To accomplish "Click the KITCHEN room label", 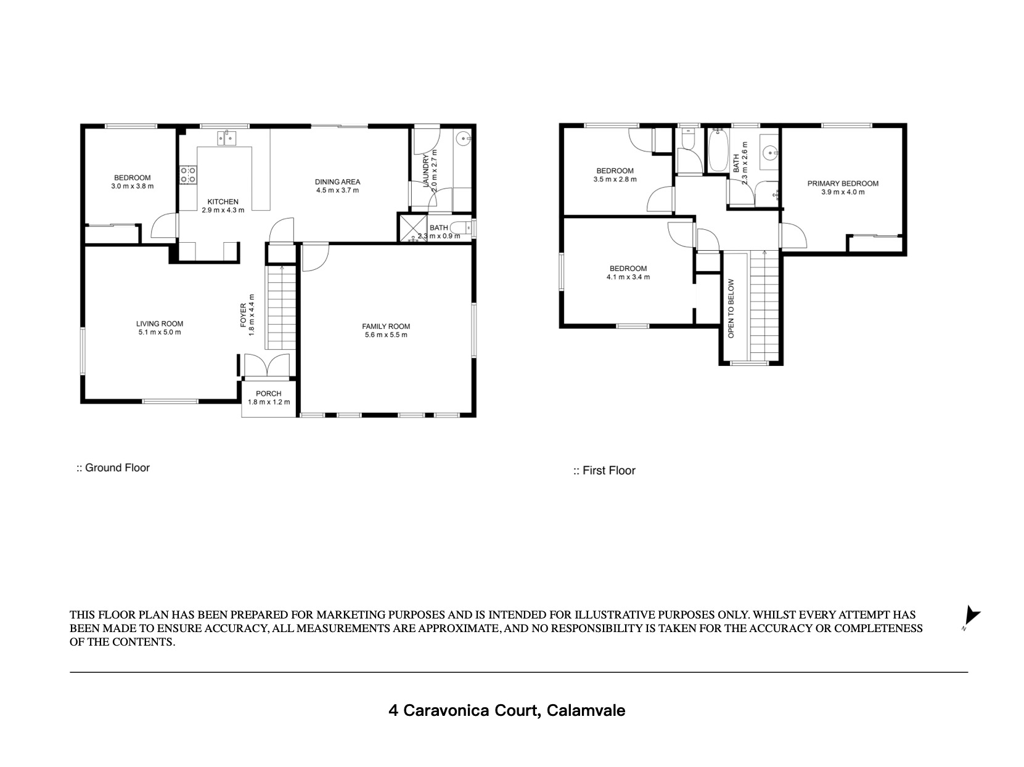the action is coord(223,202).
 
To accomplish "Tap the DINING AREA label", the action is coord(337,182).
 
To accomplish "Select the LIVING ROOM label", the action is coord(160,323).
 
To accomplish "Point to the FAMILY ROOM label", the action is coord(386,326).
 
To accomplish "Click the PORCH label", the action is coord(269,394).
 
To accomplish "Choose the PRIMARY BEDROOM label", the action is coord(843,184).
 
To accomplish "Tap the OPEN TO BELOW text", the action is coord(731,309).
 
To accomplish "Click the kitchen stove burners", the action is coord(188,175).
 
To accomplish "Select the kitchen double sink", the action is coord(227,139).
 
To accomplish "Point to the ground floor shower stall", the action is coord(413,229).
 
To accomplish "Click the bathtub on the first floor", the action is coord(718,150).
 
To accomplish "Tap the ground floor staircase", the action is coord(281,307).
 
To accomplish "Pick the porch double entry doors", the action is coord(268,365).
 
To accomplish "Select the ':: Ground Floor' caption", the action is coord(113,468).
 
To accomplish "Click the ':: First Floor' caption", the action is coord(604,471).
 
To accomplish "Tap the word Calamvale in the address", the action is coord(586,710).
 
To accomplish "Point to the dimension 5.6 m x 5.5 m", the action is coord(386,335).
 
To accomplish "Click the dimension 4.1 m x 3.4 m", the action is coord(628,277).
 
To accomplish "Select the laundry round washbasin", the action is coord(463,138).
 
